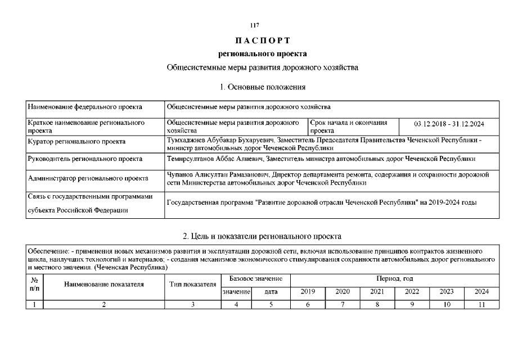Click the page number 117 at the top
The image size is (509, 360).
(254, 25)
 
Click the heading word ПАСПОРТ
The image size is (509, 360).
(263, 40)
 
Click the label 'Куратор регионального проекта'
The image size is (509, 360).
(76, 141)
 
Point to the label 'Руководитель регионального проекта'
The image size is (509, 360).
(84, 159)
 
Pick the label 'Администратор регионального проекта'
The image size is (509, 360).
(88, 178)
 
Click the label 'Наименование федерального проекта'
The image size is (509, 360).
(84, 106)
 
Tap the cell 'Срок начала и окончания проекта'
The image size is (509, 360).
(349, 126)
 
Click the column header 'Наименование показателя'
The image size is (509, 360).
(104, 285)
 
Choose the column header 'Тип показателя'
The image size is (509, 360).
(193, 285)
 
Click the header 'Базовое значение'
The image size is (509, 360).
(255, 279)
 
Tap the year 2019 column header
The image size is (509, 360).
(308, 292)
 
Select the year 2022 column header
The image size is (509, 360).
(412, 292)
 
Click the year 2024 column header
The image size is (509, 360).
(481, 292)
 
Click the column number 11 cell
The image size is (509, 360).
(481, 304)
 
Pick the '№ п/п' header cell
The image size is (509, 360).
(34, 285)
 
